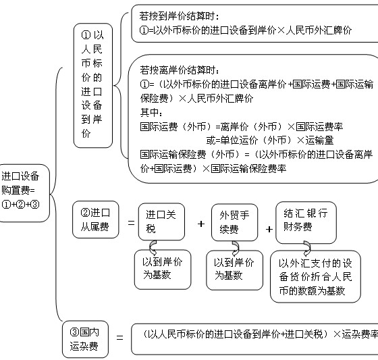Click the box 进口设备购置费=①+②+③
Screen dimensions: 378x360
point(24,193)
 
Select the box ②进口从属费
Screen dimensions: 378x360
point(96,220)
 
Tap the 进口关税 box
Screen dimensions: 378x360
point(161,222)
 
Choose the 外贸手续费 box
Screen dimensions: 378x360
point(235,222)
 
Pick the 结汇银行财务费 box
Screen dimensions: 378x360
point(306,223)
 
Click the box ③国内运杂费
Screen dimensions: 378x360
point(85,339)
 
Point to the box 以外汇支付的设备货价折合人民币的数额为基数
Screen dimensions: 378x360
point(316,277)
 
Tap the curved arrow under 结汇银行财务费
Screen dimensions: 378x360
point(307,249)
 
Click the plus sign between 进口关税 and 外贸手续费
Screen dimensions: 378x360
point(201,224)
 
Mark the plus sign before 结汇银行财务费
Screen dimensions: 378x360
point(269,229)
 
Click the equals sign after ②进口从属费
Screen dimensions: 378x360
point(131,223)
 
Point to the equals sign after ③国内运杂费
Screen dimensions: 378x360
point(120,337)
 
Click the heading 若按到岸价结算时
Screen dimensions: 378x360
point(179,16)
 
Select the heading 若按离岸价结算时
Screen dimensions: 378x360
point(180,70)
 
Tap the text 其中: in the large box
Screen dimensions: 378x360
point(151,112)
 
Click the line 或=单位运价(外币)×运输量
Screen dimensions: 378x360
point(270,140)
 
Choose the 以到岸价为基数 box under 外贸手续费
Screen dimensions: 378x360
point(235,270)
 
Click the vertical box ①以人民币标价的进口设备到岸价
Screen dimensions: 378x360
point(93,86)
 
